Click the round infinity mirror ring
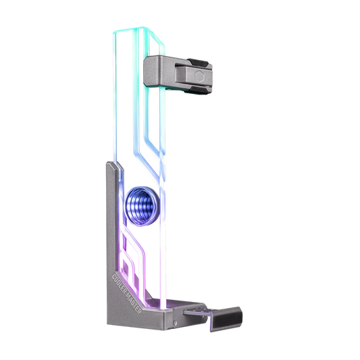(x=141, y=201)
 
